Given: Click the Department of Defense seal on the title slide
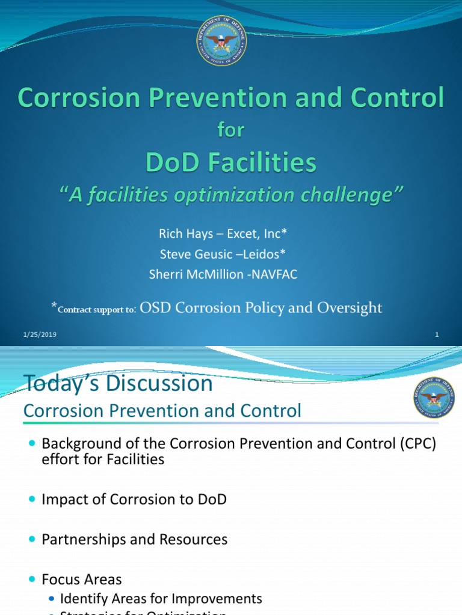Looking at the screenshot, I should (x=221, y=40).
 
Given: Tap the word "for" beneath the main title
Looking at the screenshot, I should (x=230, y=130).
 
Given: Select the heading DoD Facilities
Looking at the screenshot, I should (x=230, y=162).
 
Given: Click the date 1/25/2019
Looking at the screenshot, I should (x=40, y=335).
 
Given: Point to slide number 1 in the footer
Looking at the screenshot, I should (x=437, y=335).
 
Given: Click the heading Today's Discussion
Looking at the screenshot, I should (x=118, y=383).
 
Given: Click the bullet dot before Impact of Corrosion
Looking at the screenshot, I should (x=32, y=499).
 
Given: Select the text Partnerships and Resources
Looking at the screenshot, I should (x=134, y=539).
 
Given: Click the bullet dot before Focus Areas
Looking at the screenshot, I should (x=32, y=580).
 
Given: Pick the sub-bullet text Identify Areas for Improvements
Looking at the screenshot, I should (x=161, y=598).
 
